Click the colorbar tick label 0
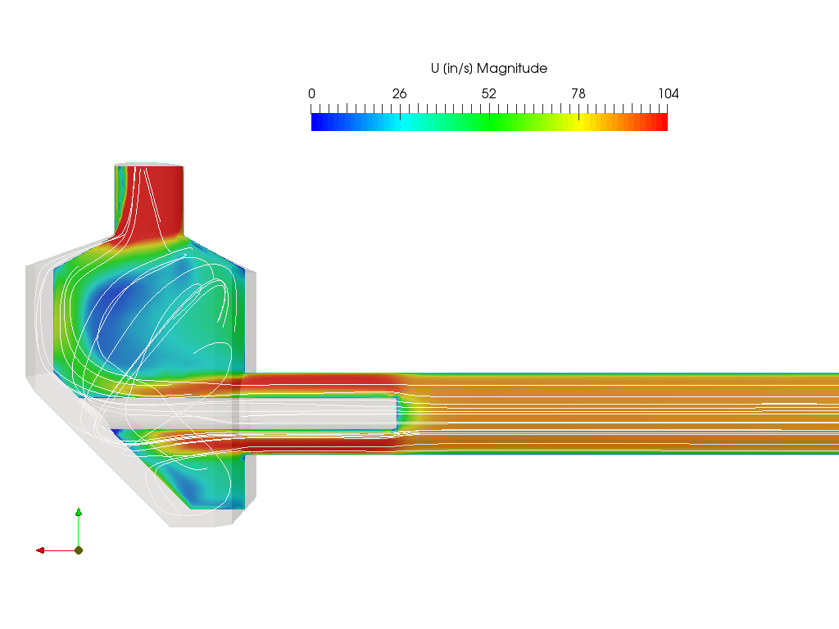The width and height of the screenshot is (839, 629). [311, 93]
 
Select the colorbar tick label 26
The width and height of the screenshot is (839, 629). [399, 93]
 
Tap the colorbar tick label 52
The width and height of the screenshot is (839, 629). [488, 93]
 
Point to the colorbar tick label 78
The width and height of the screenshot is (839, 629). [578, 93]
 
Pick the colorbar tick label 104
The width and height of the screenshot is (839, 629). [669, 93]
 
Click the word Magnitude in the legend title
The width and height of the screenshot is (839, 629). [512, 69]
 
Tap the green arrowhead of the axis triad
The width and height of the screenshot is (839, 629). [79, 512]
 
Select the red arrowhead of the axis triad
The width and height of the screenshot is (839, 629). [40, 550]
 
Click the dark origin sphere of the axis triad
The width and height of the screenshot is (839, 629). [79, 550]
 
